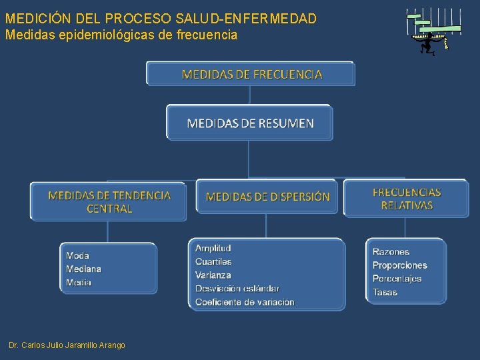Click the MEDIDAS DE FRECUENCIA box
(251, 74)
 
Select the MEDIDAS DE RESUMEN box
(249, 123)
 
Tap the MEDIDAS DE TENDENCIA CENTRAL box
(109, 202)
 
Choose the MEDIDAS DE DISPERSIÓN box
(267, 197)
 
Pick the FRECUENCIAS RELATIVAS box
(406, 199)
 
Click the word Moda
(77, 255)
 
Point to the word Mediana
(83, 269)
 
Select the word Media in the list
(79, 283)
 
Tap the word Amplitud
(213, 248)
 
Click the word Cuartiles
(213, 261)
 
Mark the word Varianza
(213, 275)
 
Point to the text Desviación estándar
(237, 289)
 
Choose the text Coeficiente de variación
(245, 302)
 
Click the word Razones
(391, 251)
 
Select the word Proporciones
(399, 265)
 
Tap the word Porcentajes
(397, 279)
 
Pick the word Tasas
(385, 292)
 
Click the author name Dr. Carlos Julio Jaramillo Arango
(67, 345)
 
